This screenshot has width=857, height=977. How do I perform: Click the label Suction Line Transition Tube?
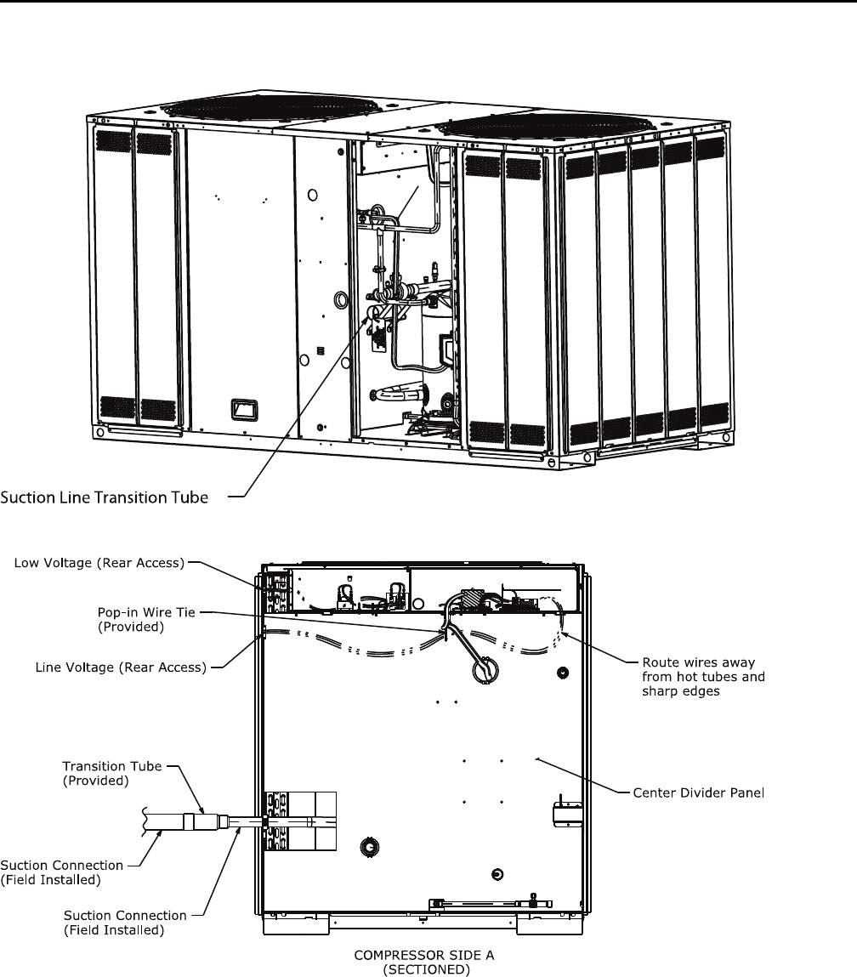104,497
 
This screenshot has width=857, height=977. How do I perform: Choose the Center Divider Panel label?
700,793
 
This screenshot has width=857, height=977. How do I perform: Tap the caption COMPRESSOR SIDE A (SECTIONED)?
423,961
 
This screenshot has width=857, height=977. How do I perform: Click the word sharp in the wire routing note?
655,692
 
